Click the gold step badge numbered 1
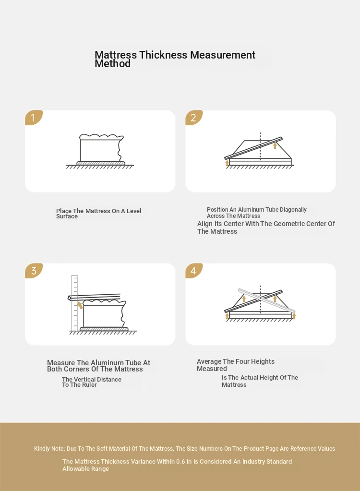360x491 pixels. (x=34, y=118)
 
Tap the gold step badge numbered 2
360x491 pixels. (x=194, y=118)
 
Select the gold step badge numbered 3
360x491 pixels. (x=34, y=271)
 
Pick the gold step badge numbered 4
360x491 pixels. (x=194, y=271)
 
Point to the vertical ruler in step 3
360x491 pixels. (x=74, y=303)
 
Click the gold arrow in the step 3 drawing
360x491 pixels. (x=80, y=305)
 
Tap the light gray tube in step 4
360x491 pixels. (x=267, y=300)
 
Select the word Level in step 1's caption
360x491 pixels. (x=134, y=211)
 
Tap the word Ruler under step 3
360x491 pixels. (x=89, y=385)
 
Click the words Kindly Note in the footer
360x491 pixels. (x=50, y=449)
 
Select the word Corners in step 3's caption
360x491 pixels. (x=87, y=369)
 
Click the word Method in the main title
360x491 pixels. (x=113, y=63)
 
